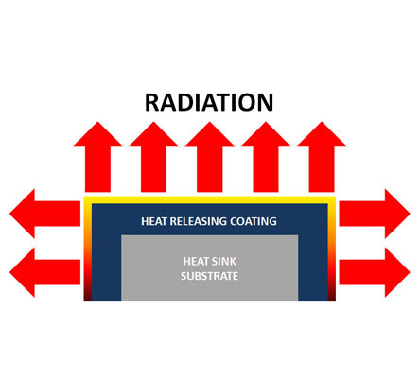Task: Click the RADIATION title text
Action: pyautogui.click(x=209, y=102)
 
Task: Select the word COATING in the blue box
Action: pyautogui.click(x=254, y=221)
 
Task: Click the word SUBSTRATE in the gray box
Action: pyautogui.click(x=209, y=276)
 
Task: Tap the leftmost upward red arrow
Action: pyautogui.click(x=97, y=157)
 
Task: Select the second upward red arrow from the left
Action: pyautogui.click(x=153, y=157)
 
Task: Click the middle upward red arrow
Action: pyautogui.click(x=210, y=157)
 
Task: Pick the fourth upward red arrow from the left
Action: pyautogui.click(x=266, y=157)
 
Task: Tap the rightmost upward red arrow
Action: pyautogui.click(x=322, y=157)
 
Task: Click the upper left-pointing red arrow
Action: pyautogui.click(x=44, y=214)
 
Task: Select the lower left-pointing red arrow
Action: pyautogui.click(x=44, y=272)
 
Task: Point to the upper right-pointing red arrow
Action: pyautogui.click(x=375, y=214)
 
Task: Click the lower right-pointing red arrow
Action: pyautogui.click(x=375, y=272)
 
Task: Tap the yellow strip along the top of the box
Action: pyautogui.click(x=210, y=199)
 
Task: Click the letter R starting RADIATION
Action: pyautogui.click(x=152, y=102)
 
